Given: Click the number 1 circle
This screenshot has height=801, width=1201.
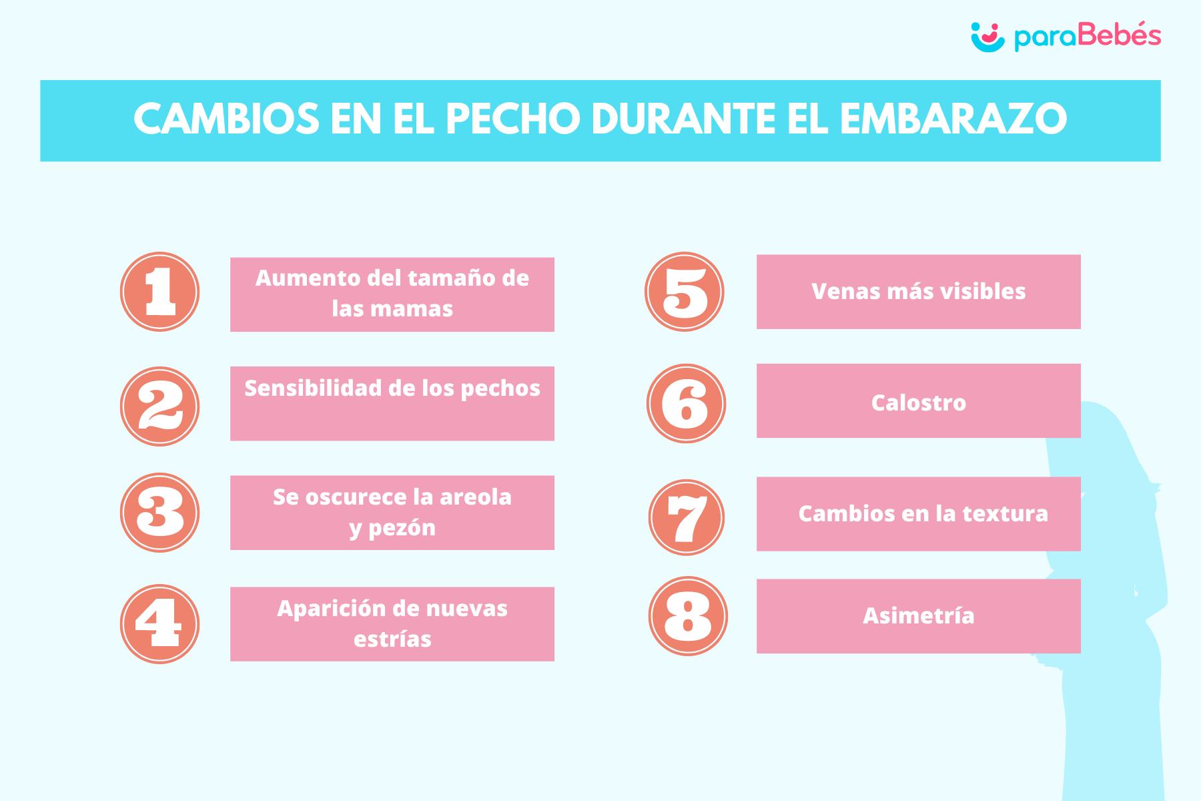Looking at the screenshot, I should (x=159, y=292).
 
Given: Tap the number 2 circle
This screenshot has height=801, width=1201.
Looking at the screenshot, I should (x=159, y=406).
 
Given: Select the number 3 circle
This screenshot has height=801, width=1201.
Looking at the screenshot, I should (x=159, y=513).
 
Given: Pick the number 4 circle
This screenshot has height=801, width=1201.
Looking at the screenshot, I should (x=159, y=623).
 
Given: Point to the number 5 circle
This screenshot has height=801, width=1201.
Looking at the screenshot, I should (x=685, y=292).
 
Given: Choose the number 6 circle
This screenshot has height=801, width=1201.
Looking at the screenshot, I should (x=686, y=403).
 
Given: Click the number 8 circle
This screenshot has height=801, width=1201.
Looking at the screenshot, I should (x=688, y=615).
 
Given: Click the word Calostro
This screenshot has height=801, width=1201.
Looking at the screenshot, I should (x=918, y=403).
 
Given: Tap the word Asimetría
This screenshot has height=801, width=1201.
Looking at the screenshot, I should (x=918, y=615).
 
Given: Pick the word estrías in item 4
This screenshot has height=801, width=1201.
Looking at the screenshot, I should (x=392, y=639).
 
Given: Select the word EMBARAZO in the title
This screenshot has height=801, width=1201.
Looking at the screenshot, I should (x=953, y=120).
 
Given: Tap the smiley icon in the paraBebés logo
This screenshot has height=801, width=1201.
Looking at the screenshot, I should (x=987, y=36).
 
